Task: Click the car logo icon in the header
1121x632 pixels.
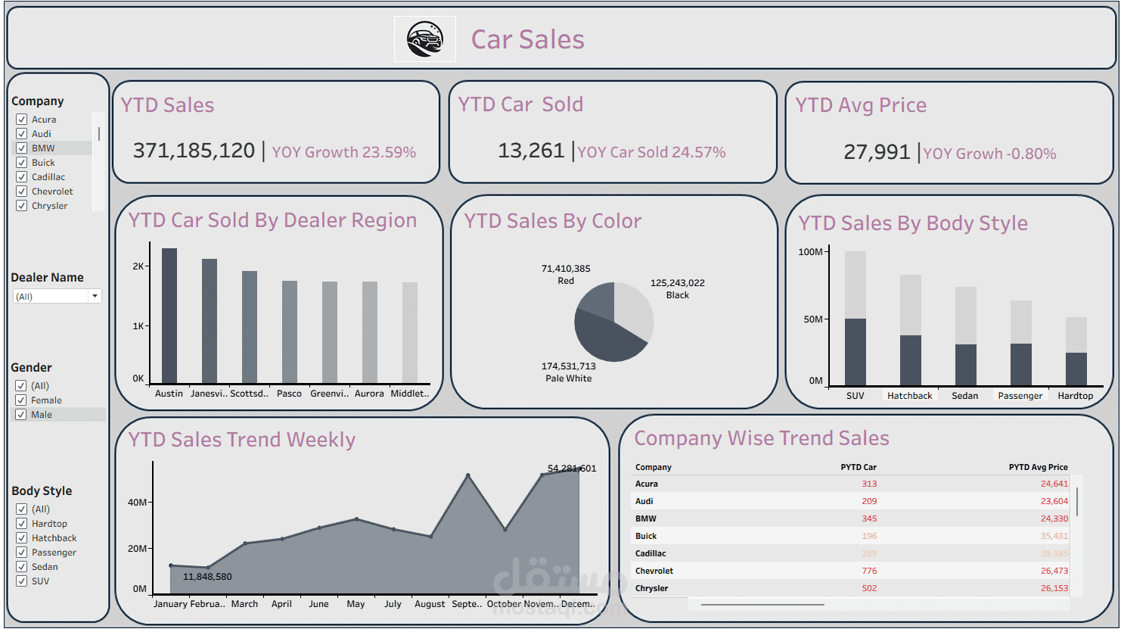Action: point(424,39)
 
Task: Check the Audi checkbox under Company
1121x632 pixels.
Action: point(22,134)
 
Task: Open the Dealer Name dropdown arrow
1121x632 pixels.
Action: point(95,296)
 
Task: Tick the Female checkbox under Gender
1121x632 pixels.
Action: point(21,400)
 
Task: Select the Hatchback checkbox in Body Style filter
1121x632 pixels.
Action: point(22,538)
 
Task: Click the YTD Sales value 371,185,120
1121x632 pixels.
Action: point(194,151)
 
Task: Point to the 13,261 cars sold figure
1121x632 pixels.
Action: point(531,151)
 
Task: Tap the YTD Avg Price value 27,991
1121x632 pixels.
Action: point(876,152)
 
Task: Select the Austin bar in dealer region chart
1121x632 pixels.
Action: point(169,316)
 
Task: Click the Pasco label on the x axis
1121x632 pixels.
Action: point(289,394)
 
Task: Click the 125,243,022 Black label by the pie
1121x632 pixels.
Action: point(677,288)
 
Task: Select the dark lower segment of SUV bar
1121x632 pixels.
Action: point(855,352)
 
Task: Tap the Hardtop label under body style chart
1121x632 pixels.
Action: point(1075,396)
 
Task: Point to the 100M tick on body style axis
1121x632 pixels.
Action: point(810,251)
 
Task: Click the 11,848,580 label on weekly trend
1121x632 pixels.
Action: point(207,577)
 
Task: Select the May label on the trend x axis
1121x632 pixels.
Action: point(356,604)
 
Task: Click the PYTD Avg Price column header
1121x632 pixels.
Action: point(1038,467)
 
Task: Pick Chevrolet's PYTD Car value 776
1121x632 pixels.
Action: point(869,571)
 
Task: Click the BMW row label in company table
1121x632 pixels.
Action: point(646,518)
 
